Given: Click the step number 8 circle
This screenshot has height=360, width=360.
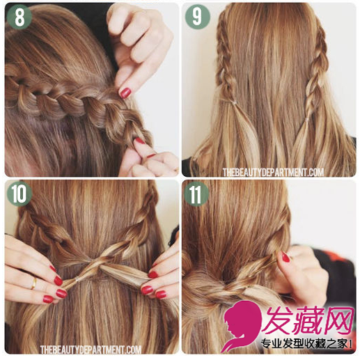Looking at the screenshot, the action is coord(19,17).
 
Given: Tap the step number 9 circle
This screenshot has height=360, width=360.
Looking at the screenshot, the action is coord(197,17).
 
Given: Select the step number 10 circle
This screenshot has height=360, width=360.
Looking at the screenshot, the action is coord(19,194).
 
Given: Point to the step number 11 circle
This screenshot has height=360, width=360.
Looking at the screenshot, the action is coord(196,194).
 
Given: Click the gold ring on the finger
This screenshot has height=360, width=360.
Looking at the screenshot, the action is coord(34,283).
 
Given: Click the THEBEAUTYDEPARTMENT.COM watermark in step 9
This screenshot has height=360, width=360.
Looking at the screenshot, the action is coord(273,172).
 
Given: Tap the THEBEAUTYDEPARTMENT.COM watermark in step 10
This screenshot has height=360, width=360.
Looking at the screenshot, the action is coord(91,350).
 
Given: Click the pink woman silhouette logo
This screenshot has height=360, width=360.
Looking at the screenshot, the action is coord(242,325).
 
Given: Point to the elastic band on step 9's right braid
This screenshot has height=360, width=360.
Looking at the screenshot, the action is coord(307,120).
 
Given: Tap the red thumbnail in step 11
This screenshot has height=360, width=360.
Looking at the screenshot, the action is coord(285,257).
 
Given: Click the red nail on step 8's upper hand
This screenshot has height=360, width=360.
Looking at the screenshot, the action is coord(125,93).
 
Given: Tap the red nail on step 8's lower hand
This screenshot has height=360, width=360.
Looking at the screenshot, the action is coord(140,141).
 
